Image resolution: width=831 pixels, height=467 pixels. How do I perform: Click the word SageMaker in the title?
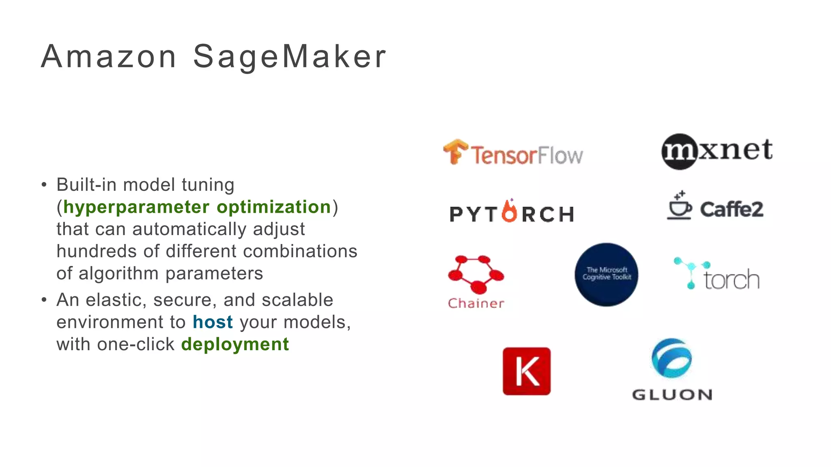click(x=289, y=57)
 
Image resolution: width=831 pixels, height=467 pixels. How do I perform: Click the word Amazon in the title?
click(x=109, y=57)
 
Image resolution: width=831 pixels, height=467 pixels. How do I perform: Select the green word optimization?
click(x=274, y=207)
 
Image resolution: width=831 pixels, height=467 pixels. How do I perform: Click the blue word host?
click(x=213, y=322)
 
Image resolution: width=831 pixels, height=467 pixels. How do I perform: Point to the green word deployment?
click(x=235, y=345)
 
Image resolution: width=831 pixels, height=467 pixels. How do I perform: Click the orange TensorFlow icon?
click(x=455, y=152)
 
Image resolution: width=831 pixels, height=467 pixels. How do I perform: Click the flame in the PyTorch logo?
click(x=510, y=211)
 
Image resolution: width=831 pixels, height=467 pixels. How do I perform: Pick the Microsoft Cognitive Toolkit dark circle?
click(x=606, y=274)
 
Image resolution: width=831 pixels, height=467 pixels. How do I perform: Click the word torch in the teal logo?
click(x=731, y=280)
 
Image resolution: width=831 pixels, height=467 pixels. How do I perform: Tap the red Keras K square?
click(x=526, y=371)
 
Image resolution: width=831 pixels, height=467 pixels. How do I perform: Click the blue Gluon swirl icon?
click(x=672, y=358)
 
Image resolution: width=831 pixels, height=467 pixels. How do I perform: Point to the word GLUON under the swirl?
click(x=672, y=395)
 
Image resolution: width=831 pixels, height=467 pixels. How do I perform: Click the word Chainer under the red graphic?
click(x=476, y=303)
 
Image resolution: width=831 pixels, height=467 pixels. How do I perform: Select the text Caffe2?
click(x=731, y=210)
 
